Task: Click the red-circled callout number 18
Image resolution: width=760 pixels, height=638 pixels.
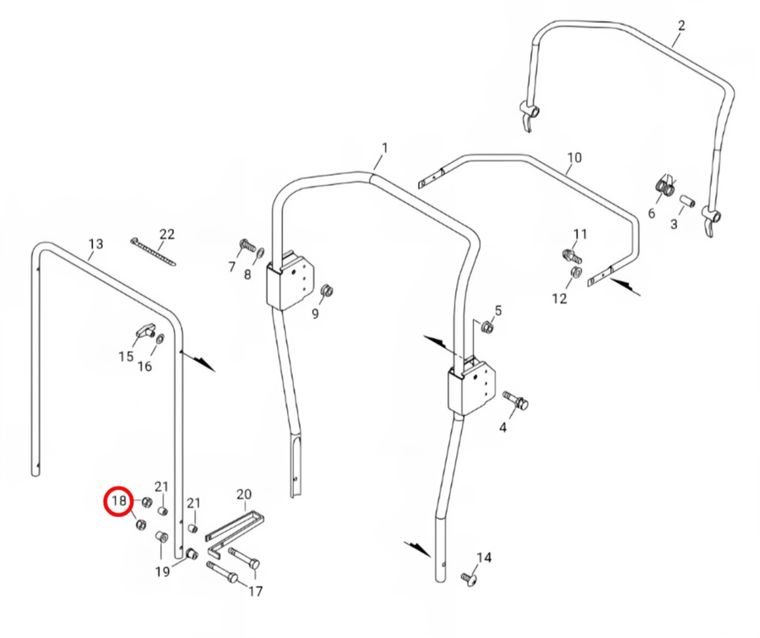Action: tap(119, 500)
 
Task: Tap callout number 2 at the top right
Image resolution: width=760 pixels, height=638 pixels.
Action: tap(681, 25)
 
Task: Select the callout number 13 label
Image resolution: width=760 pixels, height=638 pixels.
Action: tap(96, 243)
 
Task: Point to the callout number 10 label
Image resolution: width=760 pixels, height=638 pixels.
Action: tap(574, 158)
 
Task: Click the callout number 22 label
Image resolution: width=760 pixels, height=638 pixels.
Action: tap(166, 234)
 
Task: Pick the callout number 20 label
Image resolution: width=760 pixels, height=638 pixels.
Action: tap(244, 494)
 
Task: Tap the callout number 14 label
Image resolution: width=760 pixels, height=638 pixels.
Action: tap(484, 558)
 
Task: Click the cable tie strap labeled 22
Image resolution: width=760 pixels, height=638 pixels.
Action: tap(153, 252)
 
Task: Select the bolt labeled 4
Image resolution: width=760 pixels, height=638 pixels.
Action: tap(516, 400)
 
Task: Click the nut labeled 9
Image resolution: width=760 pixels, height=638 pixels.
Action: tap(328, 291)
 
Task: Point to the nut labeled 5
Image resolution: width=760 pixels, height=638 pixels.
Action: tap(486, 328)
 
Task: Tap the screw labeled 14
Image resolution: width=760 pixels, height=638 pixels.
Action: tap(467, 578)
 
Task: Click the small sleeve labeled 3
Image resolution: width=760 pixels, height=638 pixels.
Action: tap(687, 200)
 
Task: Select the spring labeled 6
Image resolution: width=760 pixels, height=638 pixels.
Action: tap(665, 186)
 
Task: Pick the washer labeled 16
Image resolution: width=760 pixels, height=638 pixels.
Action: tap(160, 338)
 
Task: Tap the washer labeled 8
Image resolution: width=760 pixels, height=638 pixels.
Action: tap(260, 253)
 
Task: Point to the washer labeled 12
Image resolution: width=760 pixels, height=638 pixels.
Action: tap(576, 272)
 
